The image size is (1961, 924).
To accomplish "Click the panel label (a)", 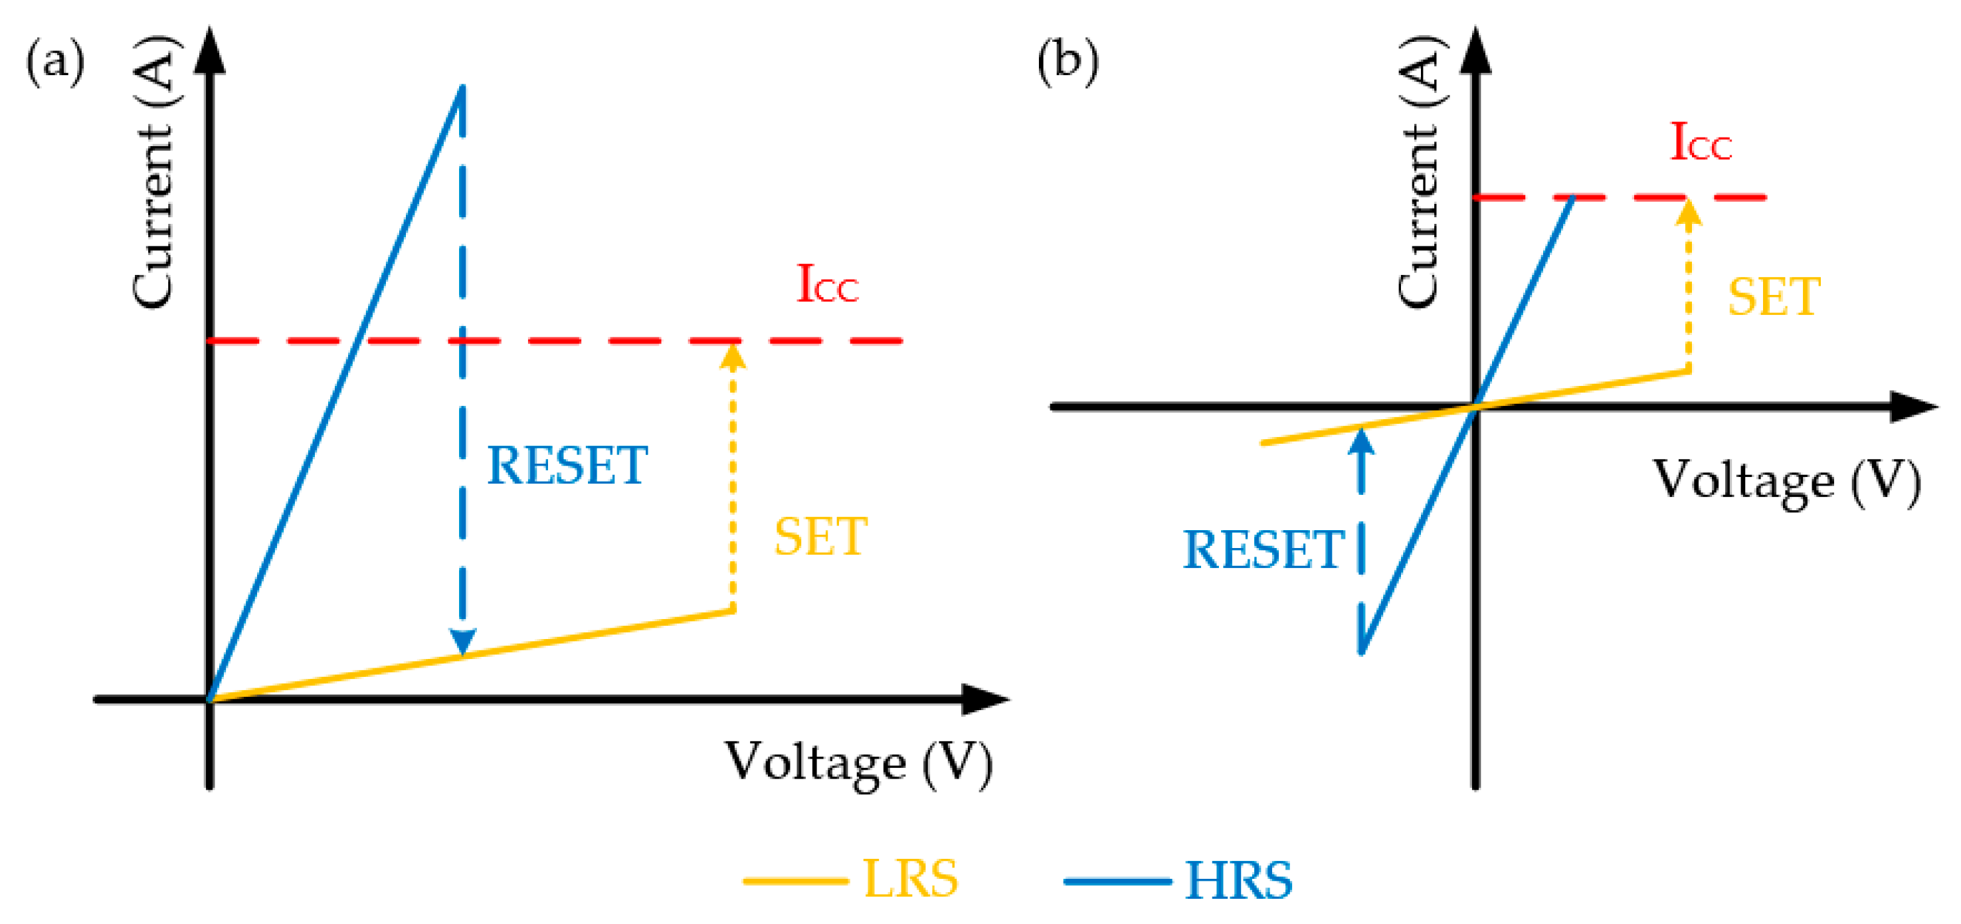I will click(55, 61).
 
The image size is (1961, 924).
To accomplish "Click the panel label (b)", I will click(1068, 61).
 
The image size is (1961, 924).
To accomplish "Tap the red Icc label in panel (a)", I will click(827, 285).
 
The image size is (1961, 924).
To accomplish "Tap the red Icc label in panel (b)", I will click(1700, 142).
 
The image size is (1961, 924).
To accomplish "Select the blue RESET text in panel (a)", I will click(567, 466).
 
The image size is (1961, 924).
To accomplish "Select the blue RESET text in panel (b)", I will click(1263, 549).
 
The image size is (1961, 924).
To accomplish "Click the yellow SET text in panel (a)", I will click(820, 537).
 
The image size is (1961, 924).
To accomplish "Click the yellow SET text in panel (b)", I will click(1774, 297).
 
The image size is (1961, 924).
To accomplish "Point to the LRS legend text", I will click(911, 879).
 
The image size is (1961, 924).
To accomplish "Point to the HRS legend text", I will click(1238, 881).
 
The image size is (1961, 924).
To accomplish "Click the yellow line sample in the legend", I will click(796, 881).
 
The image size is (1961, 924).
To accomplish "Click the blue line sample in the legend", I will click(1117, 881).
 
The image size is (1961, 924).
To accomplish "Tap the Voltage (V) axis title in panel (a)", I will click(858, 763).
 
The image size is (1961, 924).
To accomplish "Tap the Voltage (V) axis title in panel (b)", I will click(1786, 481).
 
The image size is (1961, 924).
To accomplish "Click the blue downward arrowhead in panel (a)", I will click(462, 641).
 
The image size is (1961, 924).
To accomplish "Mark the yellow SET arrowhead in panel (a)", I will click(732, 356).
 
